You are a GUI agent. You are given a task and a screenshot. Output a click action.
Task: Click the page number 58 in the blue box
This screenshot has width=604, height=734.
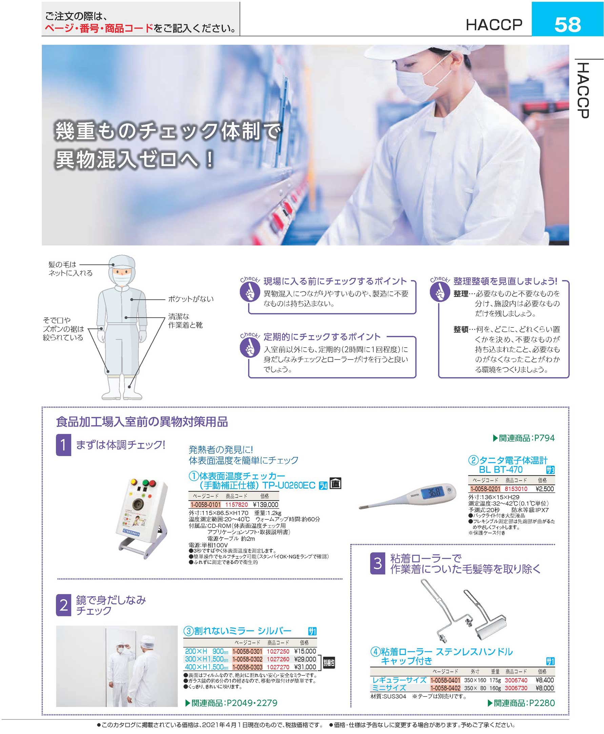click(567, 24)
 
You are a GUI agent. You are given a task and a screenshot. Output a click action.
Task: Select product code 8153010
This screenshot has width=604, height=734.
click(516, 489)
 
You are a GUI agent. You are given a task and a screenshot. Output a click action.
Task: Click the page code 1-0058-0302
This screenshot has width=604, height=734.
click(247, 659)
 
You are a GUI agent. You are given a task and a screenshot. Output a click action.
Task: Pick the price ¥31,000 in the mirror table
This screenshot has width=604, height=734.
click(305, 667)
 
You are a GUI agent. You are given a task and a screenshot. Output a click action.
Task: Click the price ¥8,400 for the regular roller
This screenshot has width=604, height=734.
click(544, 680)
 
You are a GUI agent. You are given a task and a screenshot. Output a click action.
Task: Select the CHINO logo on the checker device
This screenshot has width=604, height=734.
click(131, 533)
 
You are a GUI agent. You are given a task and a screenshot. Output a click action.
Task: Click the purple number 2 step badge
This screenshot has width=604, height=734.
click(63, 605)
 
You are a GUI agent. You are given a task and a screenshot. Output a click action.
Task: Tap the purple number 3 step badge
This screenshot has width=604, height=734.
click(378, 563)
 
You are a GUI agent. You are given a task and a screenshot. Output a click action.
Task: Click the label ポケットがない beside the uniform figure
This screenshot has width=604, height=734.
click(191, 299)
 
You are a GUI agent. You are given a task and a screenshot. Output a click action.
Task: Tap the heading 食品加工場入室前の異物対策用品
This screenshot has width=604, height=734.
click(142, 422)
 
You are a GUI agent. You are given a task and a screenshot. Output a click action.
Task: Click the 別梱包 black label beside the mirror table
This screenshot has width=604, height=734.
click(329, 663)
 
